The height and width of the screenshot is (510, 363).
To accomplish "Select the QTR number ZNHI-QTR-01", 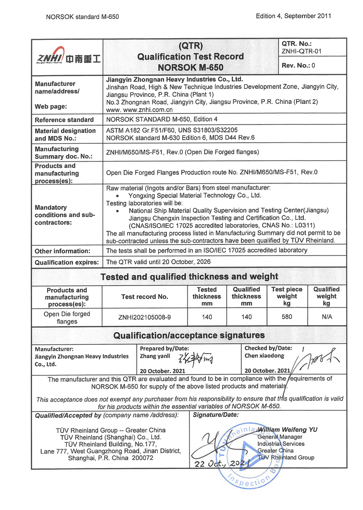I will click(x=302, y=51).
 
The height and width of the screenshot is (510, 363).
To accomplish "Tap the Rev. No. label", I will click(x=295, y=66).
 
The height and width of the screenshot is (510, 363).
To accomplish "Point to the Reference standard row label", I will click(x=64, y=120).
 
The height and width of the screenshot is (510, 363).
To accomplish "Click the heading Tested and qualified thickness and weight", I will click(x=189, y=277).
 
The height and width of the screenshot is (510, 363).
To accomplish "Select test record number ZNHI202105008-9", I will click(x=144, y=317).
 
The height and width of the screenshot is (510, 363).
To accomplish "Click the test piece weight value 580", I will click(x=287, y=317).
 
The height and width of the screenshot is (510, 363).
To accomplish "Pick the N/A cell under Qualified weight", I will click(x=327, y=317).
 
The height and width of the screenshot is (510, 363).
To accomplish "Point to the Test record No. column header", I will click(x=144, y=297).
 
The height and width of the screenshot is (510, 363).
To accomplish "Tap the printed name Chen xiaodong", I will click(x=264, y=356).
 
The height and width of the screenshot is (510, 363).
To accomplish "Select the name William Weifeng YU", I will click(x=287, y=430).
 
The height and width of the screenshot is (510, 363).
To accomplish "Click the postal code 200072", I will click(x=142, y=458).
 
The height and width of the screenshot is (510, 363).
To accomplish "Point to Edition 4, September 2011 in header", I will click(x=293, y=16).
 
